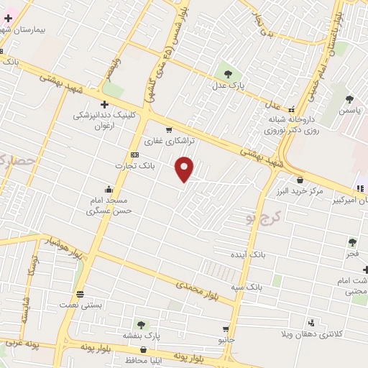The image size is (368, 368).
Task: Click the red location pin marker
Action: [185, 168]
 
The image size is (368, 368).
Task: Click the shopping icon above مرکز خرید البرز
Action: [299, 180]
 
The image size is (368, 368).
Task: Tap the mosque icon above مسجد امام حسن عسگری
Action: [109, 189]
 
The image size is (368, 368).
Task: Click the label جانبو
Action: [226, 339]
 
